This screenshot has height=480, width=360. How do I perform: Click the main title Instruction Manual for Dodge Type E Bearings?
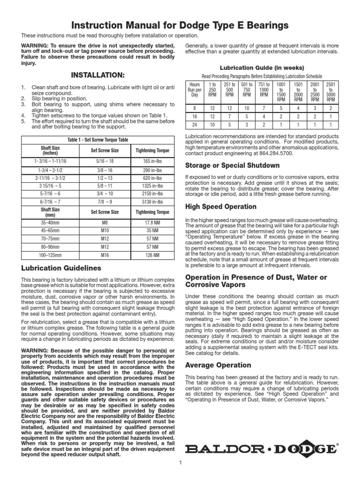pyautogui.click(x=180, y=25)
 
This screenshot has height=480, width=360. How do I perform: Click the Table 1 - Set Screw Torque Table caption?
pyautogui.click(x=97, y=140)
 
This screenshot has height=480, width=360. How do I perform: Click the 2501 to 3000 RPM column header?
pyautogui.click(x=330, y=92)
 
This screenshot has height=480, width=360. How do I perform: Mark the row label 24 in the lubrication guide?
pyautogui.click(x=195, y=125)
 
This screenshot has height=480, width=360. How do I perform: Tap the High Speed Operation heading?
pyautogui.click(x=221, y=207)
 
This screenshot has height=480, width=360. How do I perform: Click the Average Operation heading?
pyautogui.click(x=218, y=365)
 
